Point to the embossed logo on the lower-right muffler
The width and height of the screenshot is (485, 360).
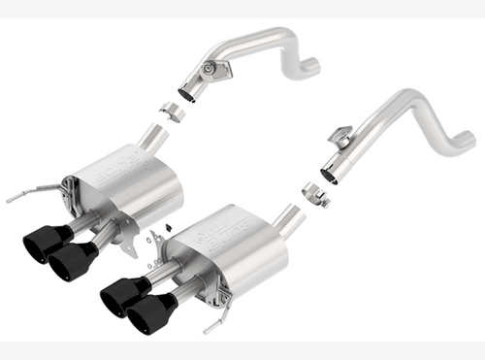pyautogui.click(x=218, y=233)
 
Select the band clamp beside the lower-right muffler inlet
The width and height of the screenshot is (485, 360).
pyautogui.click(x=313, y=193)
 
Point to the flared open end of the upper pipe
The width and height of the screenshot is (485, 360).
pyautogui.click(x=188, y=94)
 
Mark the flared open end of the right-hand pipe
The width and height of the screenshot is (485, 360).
pyautogui.click(x=329, y=175)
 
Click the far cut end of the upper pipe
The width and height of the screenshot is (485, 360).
pyautogui.click(x=310, y=67)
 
